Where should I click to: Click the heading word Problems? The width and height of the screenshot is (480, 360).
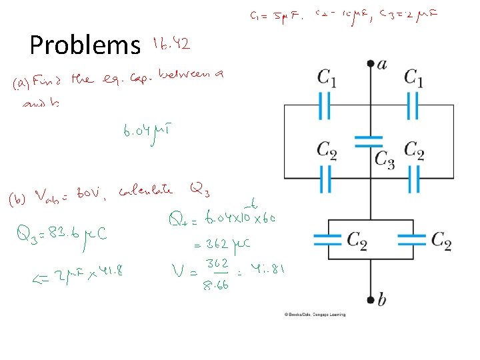click(x=85, y=45)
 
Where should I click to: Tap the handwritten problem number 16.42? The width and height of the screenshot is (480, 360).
click(x=171, y=44)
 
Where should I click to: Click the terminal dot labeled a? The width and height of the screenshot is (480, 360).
click(x=371, y=64)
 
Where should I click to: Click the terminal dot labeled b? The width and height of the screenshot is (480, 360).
click(x=371, y=299)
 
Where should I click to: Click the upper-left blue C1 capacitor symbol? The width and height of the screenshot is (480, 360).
click(x=326, y=105)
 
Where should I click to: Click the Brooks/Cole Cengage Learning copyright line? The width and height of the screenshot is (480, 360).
click(x=315, y=314)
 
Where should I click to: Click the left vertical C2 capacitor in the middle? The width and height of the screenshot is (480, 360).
click(x=326, y=179)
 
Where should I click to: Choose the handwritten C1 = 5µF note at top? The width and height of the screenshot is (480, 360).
click(x=268, y=15)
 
